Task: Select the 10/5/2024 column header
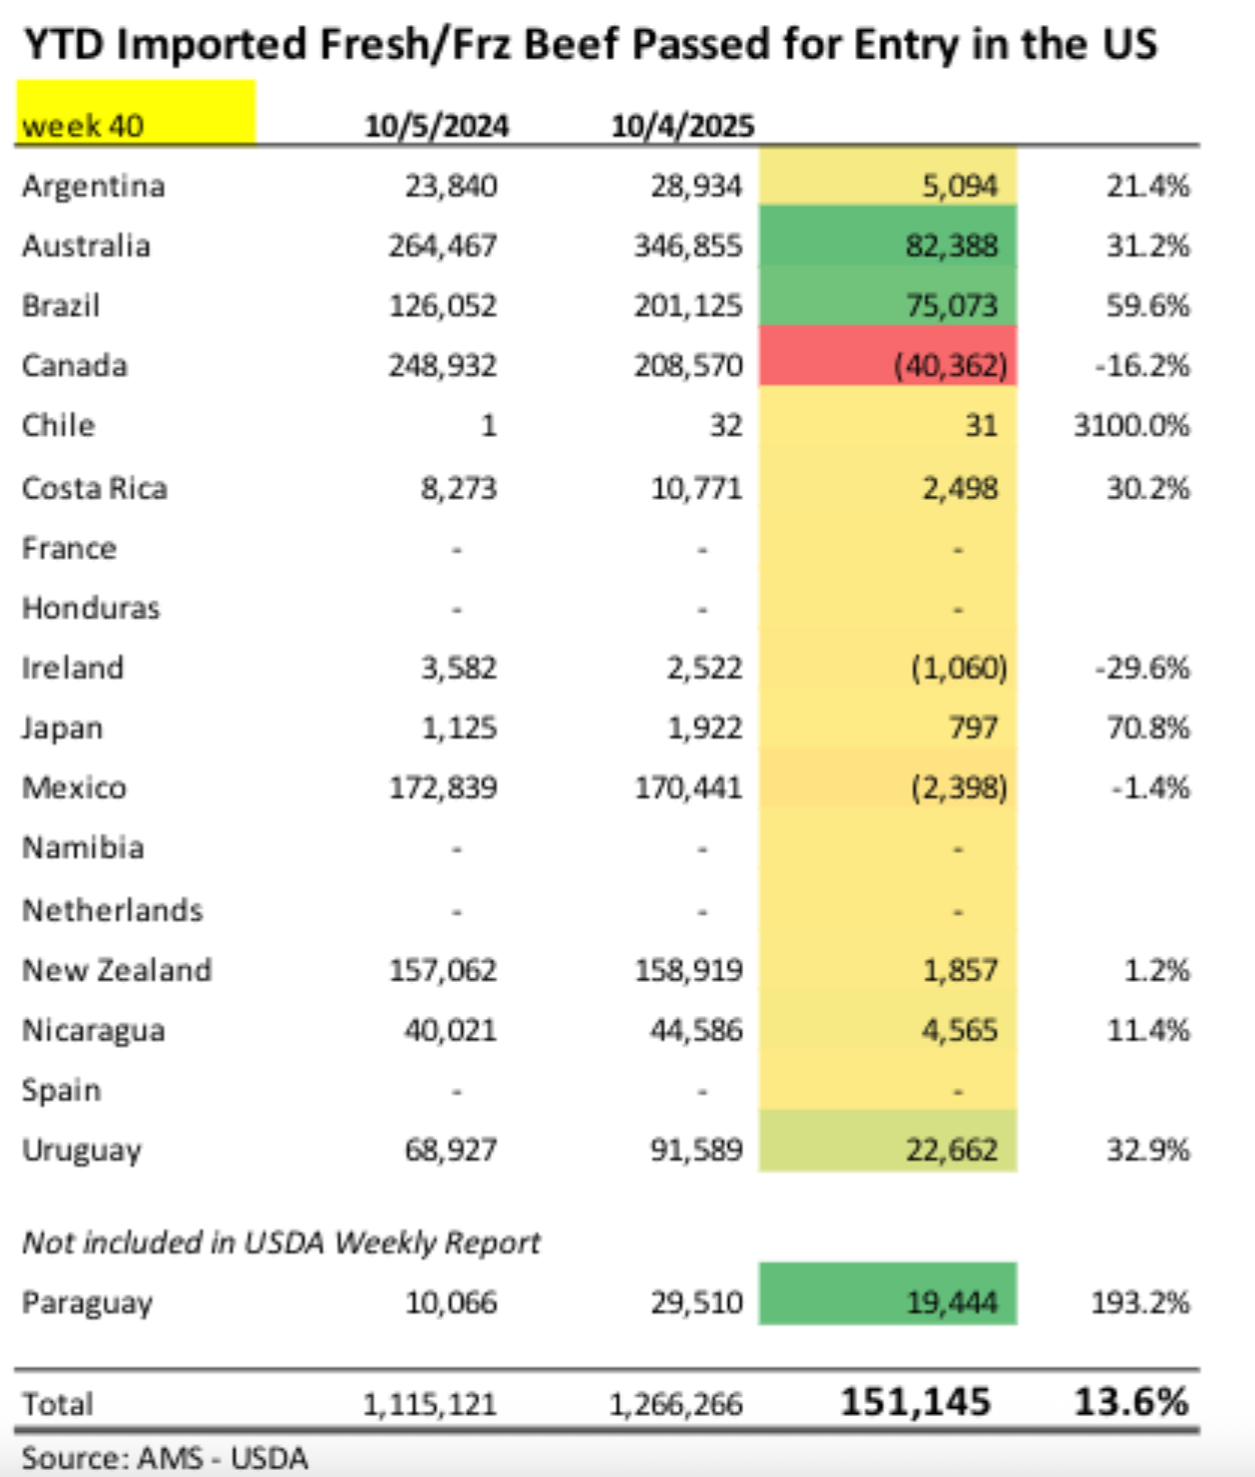(x=436, y=127)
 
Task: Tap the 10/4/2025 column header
(x=682, y=127)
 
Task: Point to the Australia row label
(x=86, y=246)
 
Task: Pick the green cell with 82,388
(x=888, y=246)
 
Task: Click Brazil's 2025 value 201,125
(x=688, y=305)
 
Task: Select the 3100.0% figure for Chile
(x=1131, y=426)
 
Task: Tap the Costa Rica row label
(x=95, y=488)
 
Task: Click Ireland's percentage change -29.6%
(x=1142, y=668)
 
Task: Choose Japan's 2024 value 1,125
(x=459, y=728)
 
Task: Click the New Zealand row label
(x=117, y=970)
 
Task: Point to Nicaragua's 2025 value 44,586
(x=696, y=1030)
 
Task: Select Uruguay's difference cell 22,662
(x=888, y=1150)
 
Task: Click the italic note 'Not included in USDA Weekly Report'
(x=281, y=1242)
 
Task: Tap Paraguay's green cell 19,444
(x=888, y=1302)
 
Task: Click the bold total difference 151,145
(x=916, y=1402)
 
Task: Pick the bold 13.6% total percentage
(x=1131, y=1402)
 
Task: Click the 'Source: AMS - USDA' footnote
(x=165, y=1458)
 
